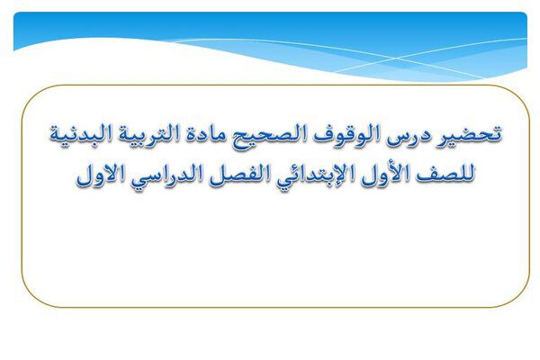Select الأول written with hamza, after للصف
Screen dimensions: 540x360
tap(385, 174)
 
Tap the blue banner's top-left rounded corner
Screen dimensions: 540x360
tap(16, 14)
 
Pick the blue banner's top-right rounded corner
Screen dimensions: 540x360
tap(525, 14)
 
